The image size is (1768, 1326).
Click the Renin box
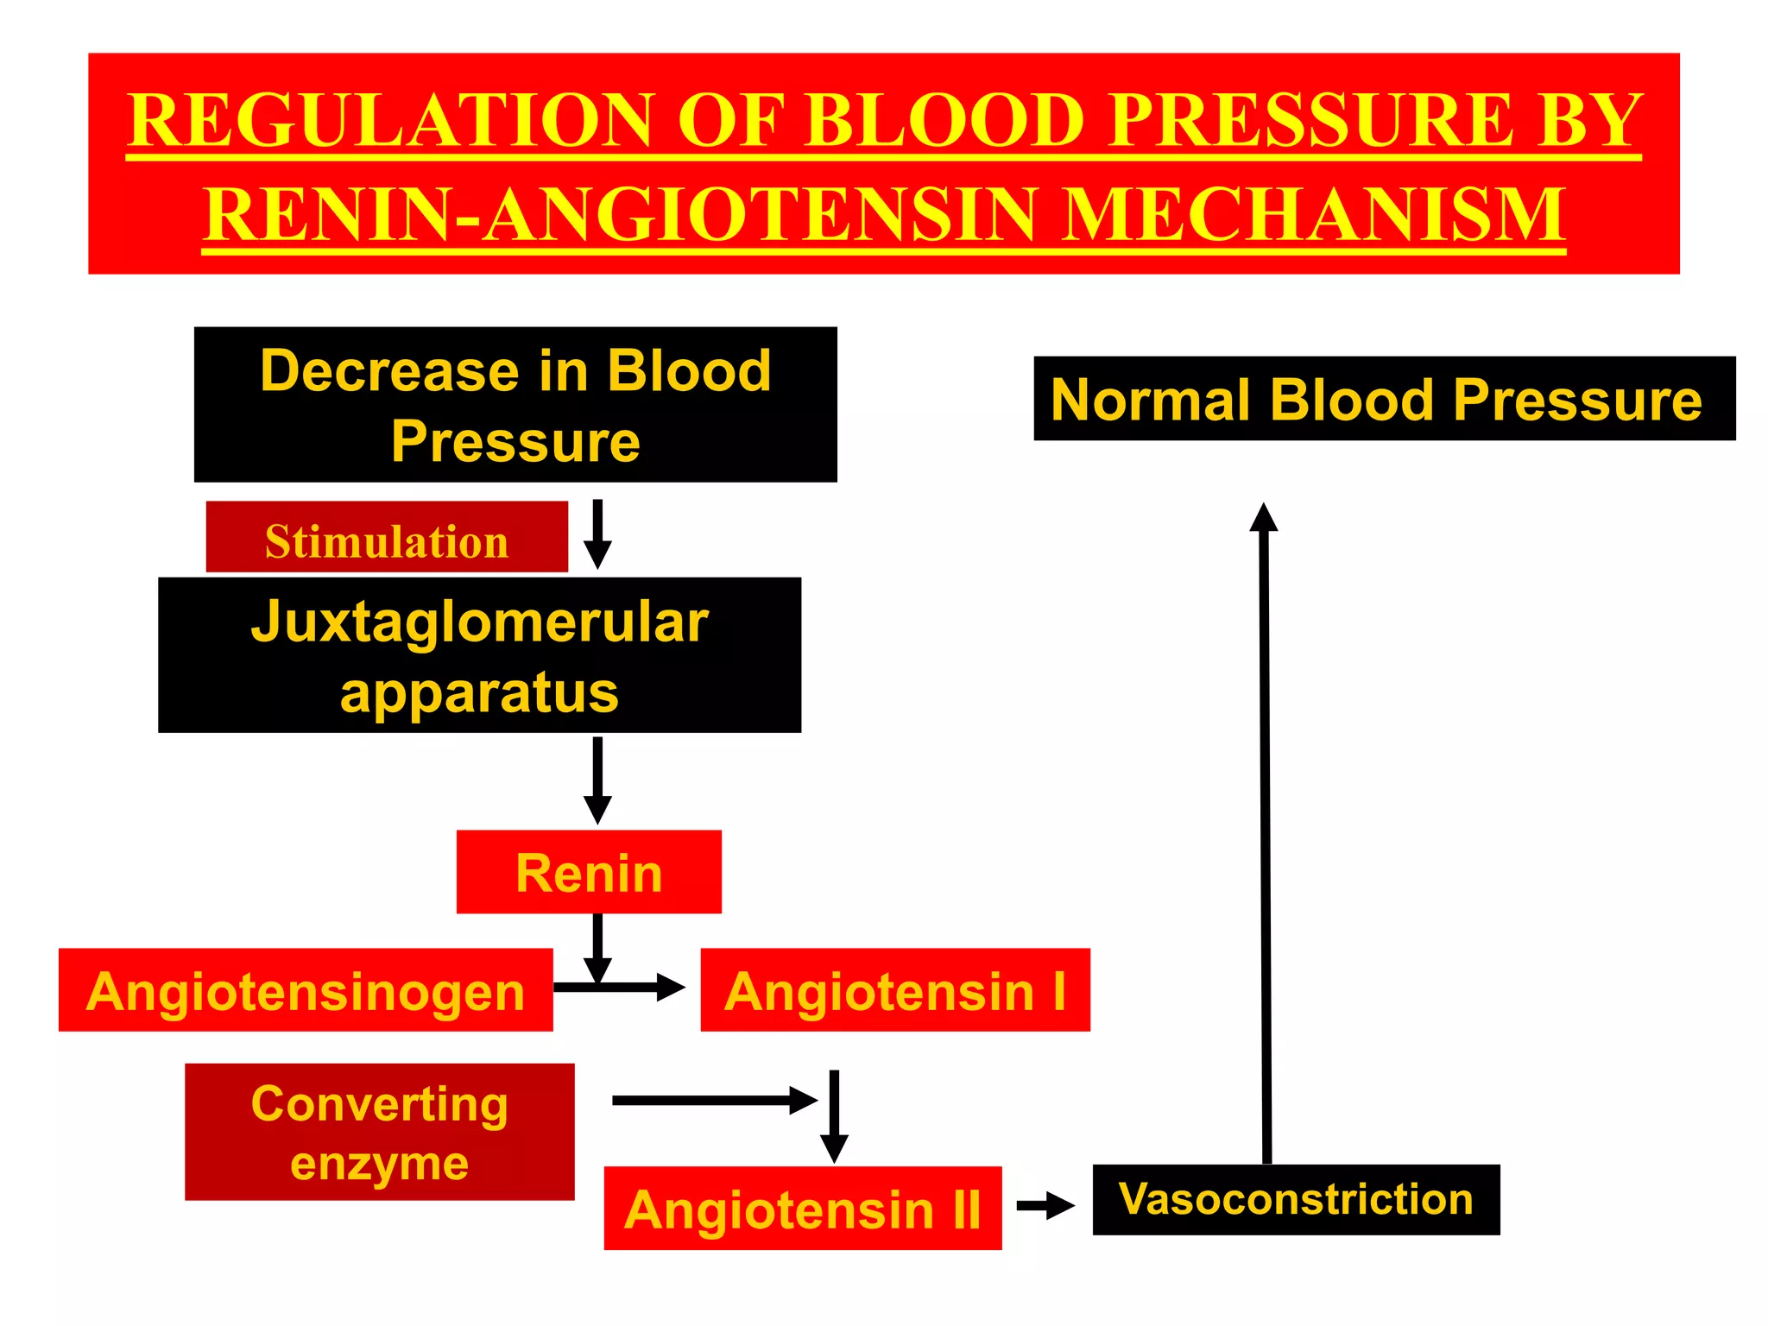pos(589,872)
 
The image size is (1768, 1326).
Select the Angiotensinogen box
pos(306,990)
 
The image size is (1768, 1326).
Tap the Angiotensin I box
pos(895,990)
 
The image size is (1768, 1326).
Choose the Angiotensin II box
pos(803,1208)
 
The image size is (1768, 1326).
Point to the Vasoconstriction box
pos(1296,1199)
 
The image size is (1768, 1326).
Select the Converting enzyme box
pos(380,1132)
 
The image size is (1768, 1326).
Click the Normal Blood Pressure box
pos(1384,399)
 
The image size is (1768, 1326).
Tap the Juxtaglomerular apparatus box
pos(480,655)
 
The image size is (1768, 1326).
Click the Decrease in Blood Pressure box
pos(515,404)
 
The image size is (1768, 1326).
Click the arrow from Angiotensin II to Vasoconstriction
pos(1045,1206)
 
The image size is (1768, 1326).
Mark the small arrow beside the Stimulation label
pos(597,534)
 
